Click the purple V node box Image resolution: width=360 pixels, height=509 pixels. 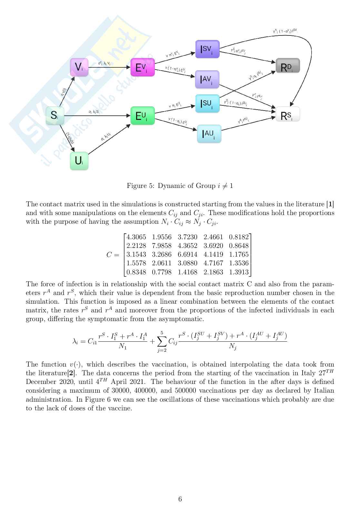(x=79, y=67)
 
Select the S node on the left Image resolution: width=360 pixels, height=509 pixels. (x=55, y=115)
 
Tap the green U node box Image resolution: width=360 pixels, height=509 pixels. (x=79, y=161)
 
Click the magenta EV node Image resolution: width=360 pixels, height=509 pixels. (x=142, y=67)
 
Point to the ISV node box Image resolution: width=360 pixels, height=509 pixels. (x=207, y=49)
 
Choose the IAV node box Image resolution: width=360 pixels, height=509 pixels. (x=207, y=79)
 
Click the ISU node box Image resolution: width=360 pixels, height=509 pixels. (x=207, y=103)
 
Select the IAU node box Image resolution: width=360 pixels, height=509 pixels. (x=209, y=134)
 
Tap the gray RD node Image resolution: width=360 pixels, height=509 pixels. (x=288, y=66)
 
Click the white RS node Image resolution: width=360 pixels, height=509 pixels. (x=288, y=114)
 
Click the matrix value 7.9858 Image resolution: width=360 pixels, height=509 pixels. (x=162, y=246)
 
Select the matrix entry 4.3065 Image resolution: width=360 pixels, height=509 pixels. (x=136, y=237)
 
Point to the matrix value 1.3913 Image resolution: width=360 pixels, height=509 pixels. (x=239, y=272)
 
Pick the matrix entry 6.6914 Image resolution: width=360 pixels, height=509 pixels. (x=187, y=254)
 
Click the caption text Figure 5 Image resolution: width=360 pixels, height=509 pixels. (x=139, y=186)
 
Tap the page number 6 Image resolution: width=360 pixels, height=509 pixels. (x=180, y=499)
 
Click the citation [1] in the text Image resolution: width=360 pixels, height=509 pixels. (x=330, y=204)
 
